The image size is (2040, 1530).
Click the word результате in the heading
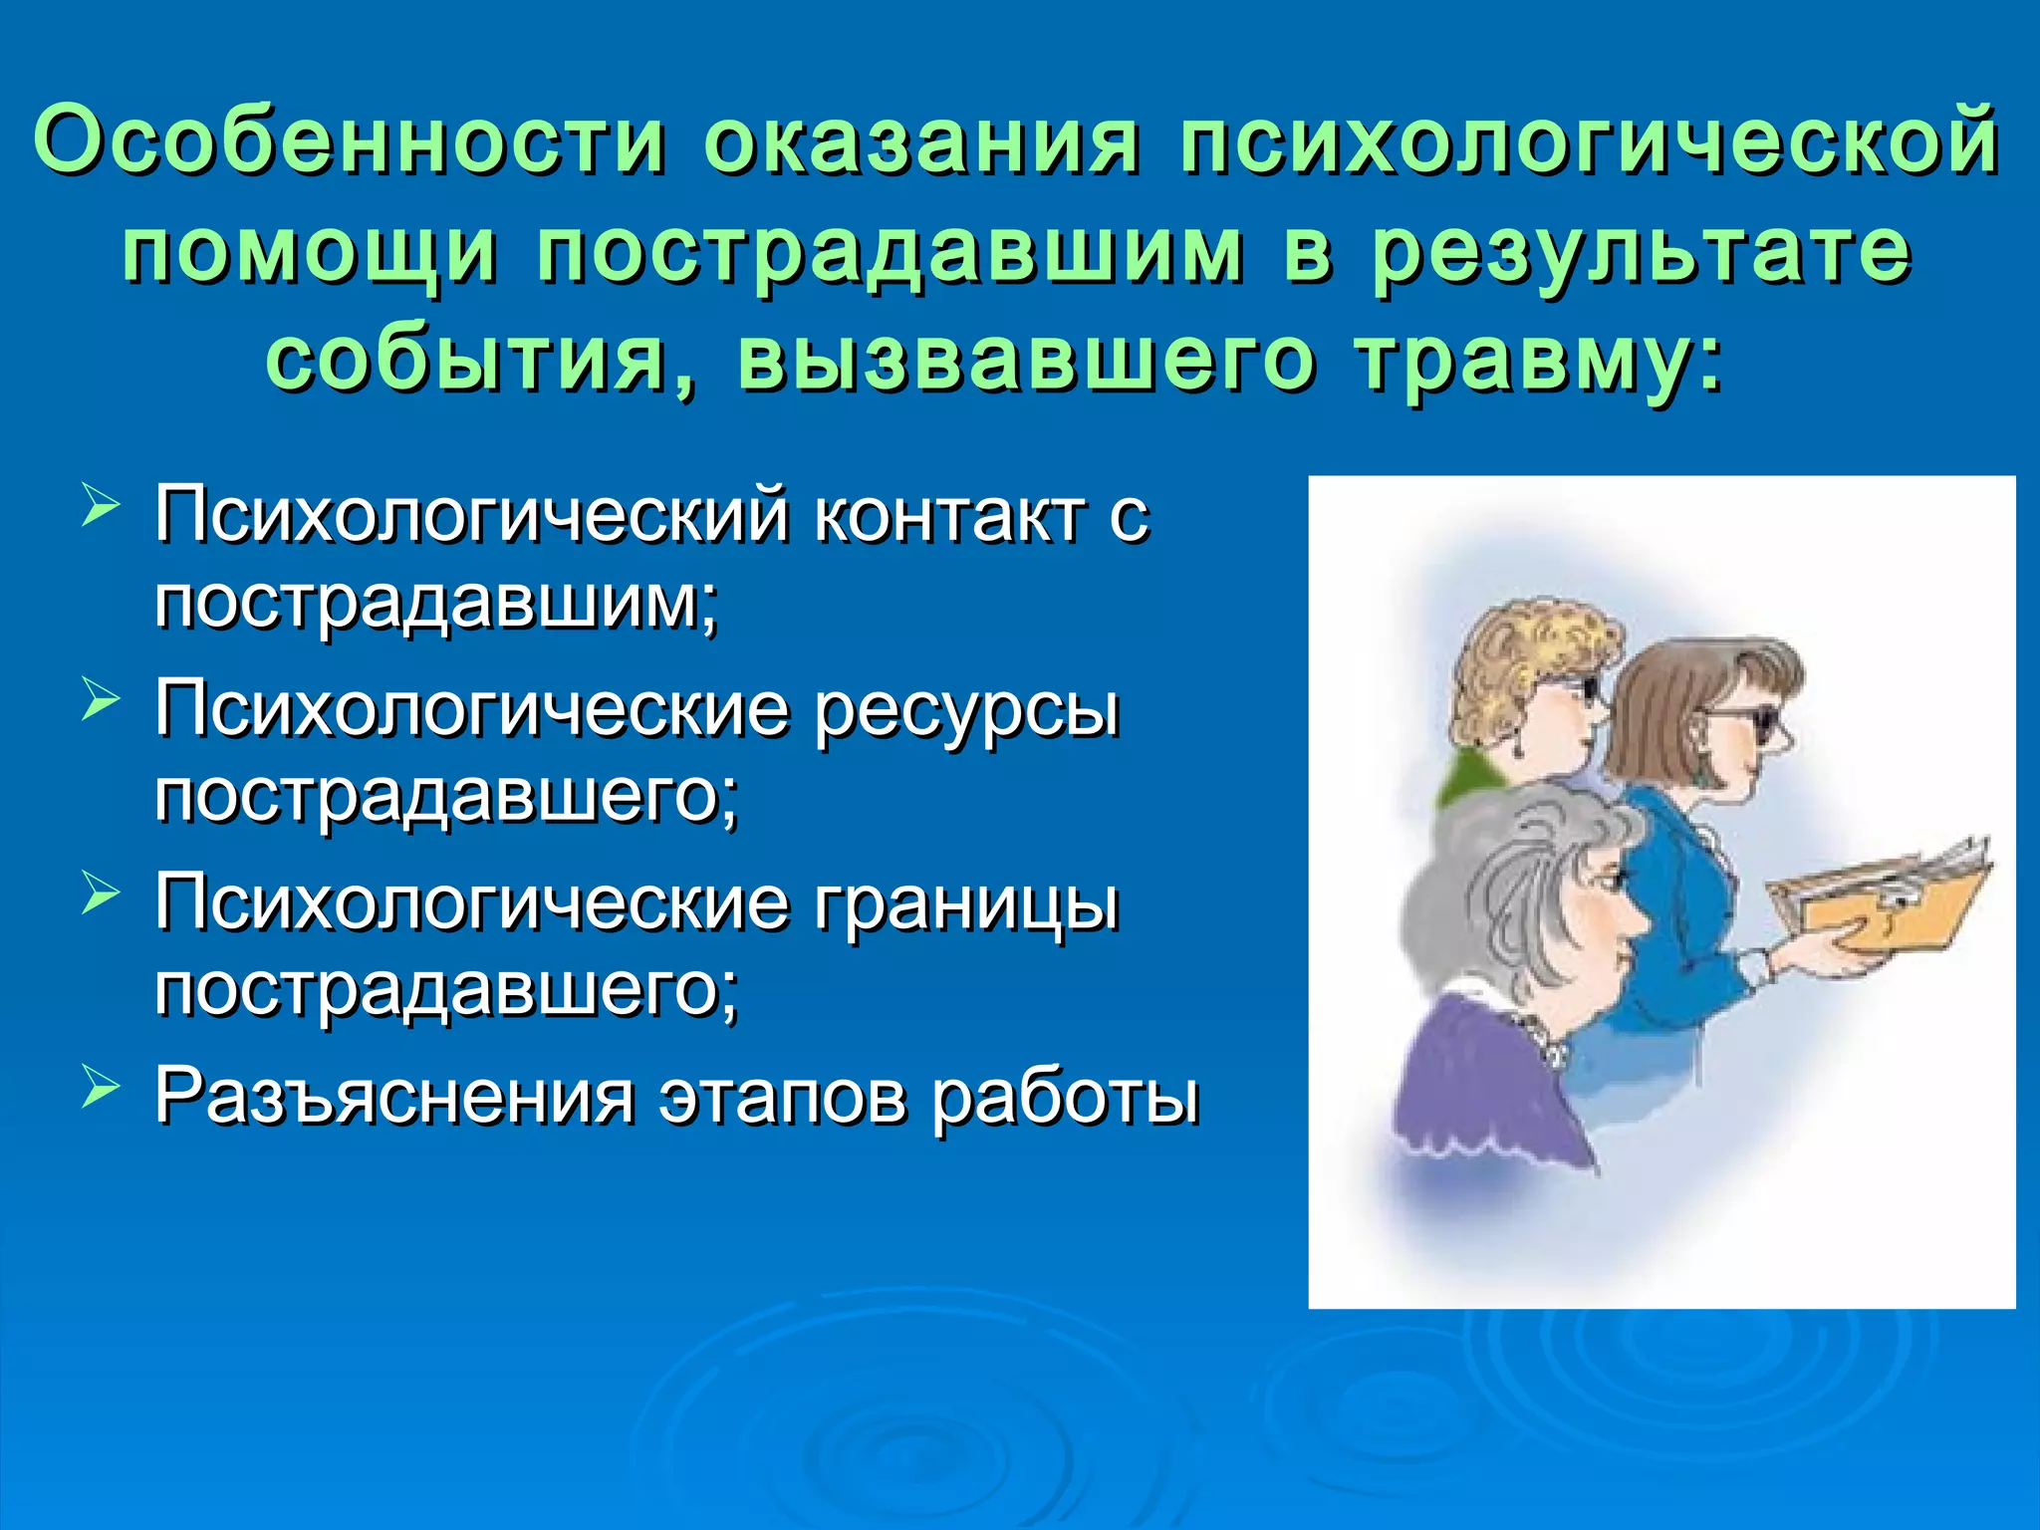[1641, 251]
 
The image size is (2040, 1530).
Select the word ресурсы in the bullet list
[966, 710]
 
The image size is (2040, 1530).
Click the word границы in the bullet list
[966, 904]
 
